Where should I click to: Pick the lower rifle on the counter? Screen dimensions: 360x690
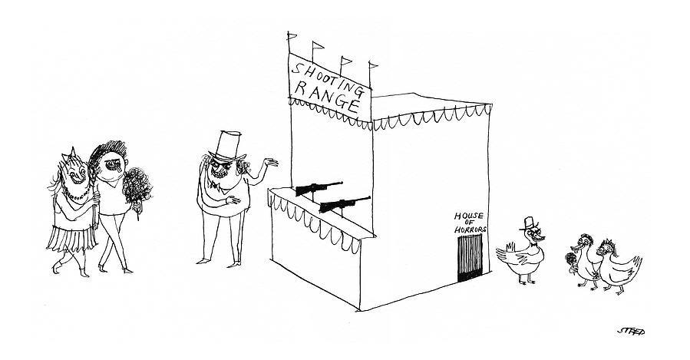[x=343, y=204]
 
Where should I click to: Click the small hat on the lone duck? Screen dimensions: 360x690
[x=530, y=223]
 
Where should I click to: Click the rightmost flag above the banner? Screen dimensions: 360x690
[x=374, y=67]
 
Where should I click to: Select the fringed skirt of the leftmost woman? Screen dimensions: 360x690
[x=70, y=239]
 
